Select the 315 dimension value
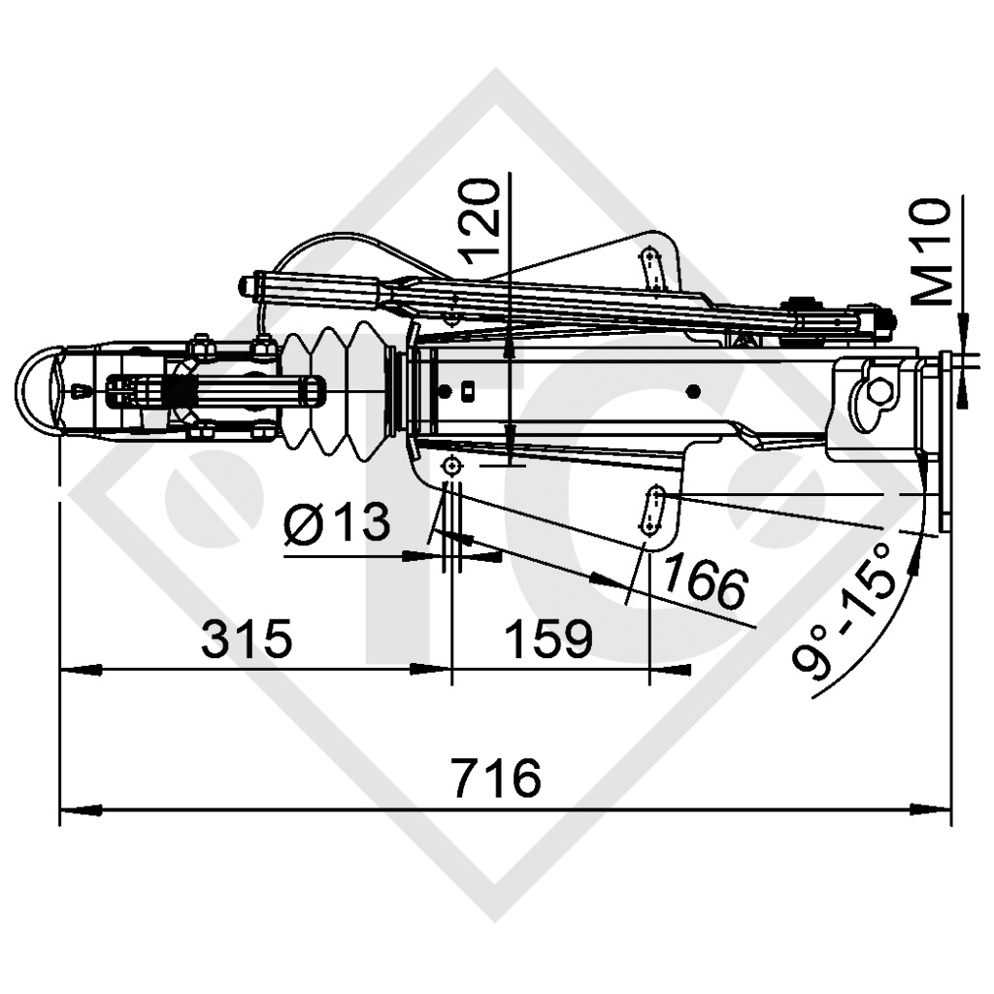(x=247, y=640)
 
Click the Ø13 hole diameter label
(x=337, y=524)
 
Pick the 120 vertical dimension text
(x=481, y=221)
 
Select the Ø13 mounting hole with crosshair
(x=451, y=469)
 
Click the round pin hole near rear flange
(x=878, y=390)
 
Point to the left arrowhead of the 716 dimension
(x=73, y=808)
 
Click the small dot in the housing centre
(x=692, y=391)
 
